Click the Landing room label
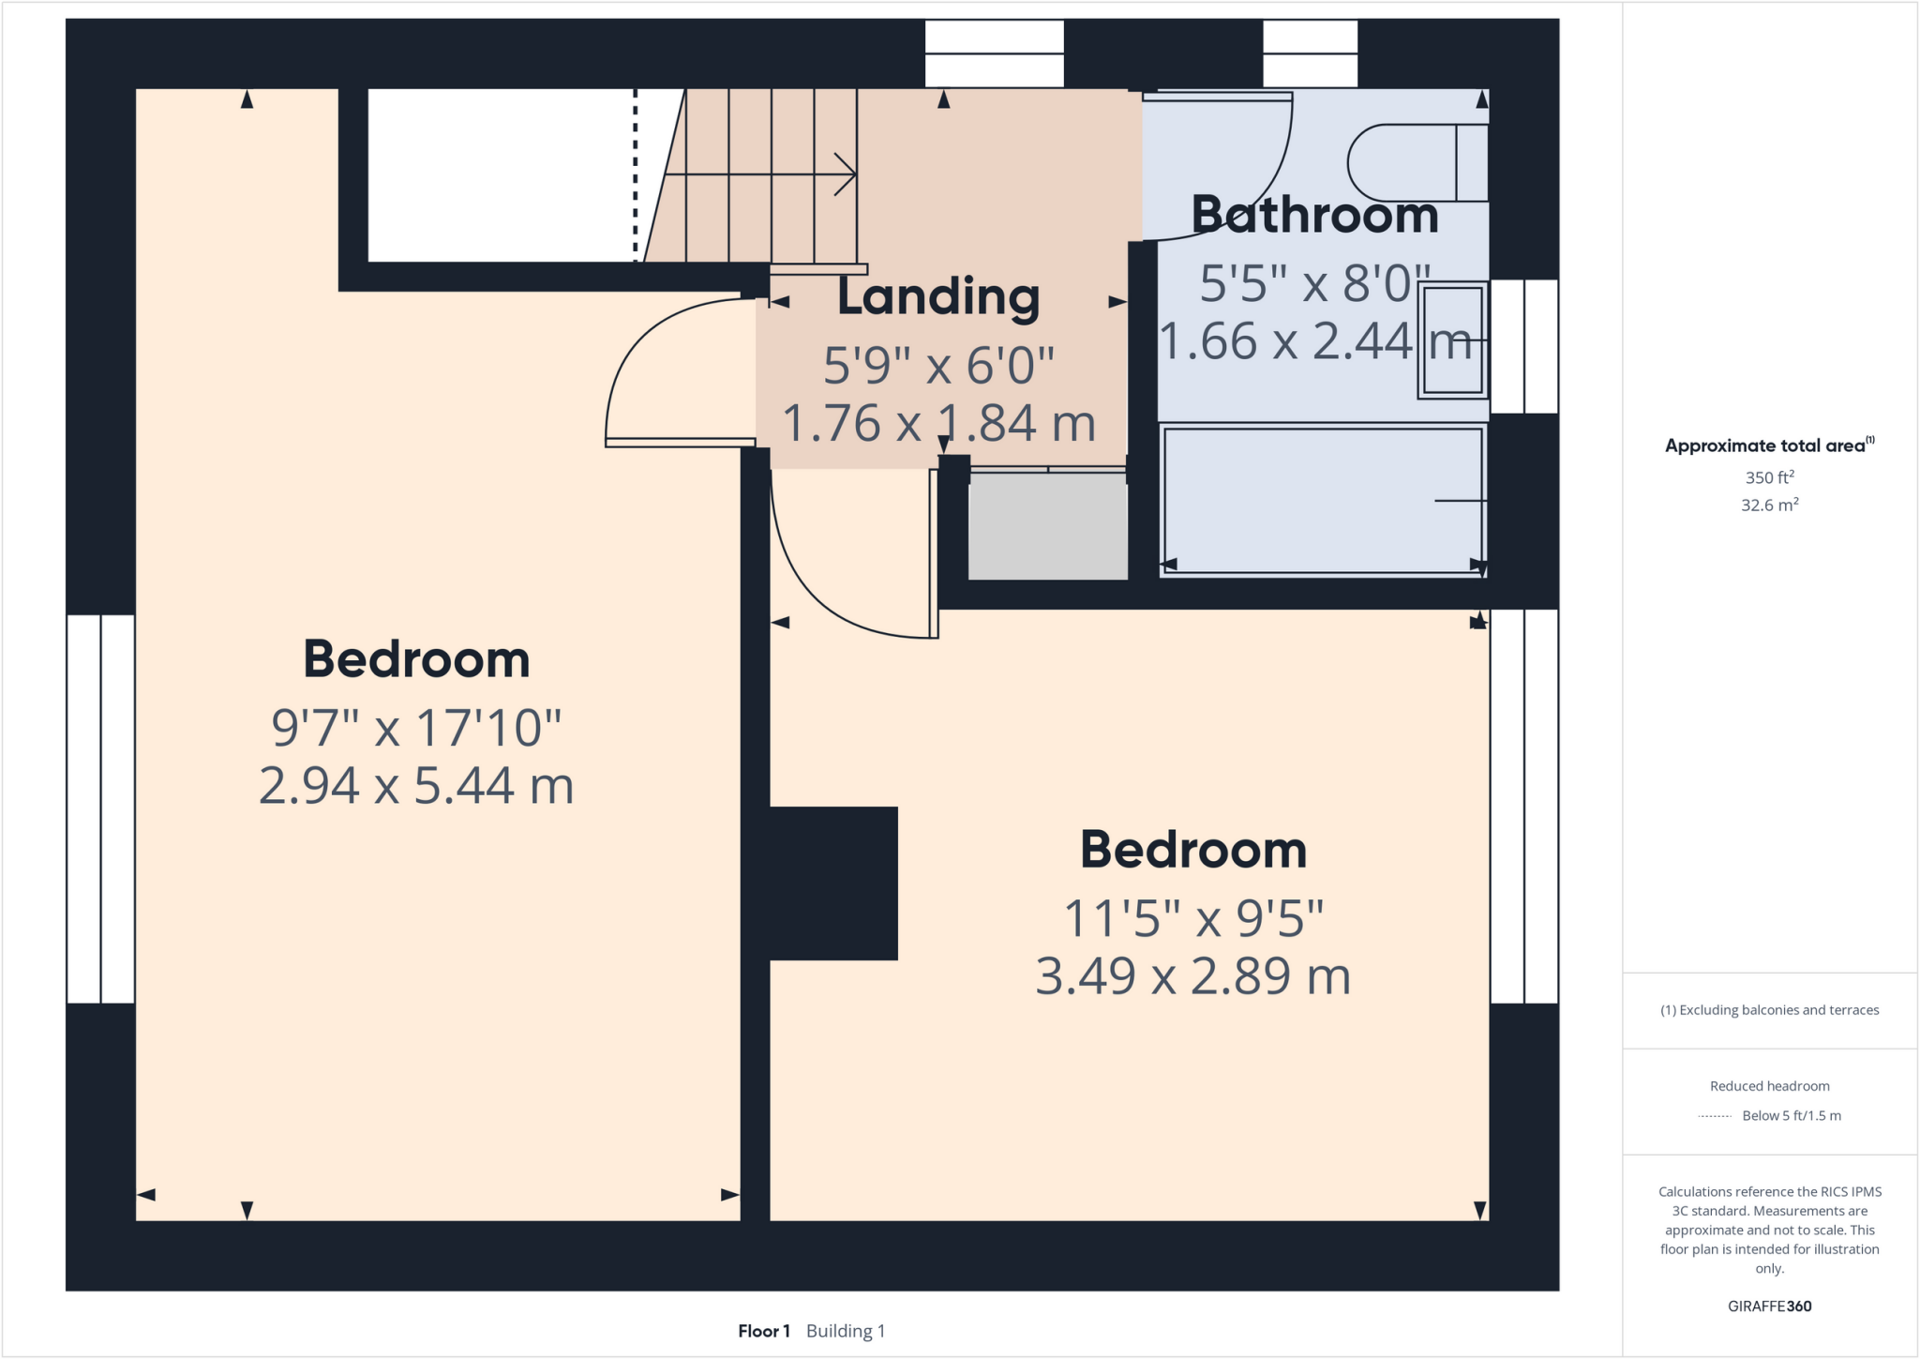coord(937,296)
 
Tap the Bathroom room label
coord(1314,216)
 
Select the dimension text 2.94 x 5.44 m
coord(415,786)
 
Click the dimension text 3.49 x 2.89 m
coord(1192,976)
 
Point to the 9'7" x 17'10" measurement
coord(415,728)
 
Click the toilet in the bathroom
coord(1416,163)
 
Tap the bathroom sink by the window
coord(1452,340)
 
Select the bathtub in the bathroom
coord(1322,500)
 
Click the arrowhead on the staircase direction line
coord(847,174)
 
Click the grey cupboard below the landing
coord(1047,526)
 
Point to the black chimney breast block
coord(832,883)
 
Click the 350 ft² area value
coord(1769,477)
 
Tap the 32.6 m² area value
coord(1769,506)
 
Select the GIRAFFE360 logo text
coord(1769,1306)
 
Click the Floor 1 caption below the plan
coord(763,1331)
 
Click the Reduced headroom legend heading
coord(1769,1086)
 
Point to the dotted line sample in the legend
coord(1714,1116)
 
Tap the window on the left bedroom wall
coord(100,808)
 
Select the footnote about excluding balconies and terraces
coord(1769,1010)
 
